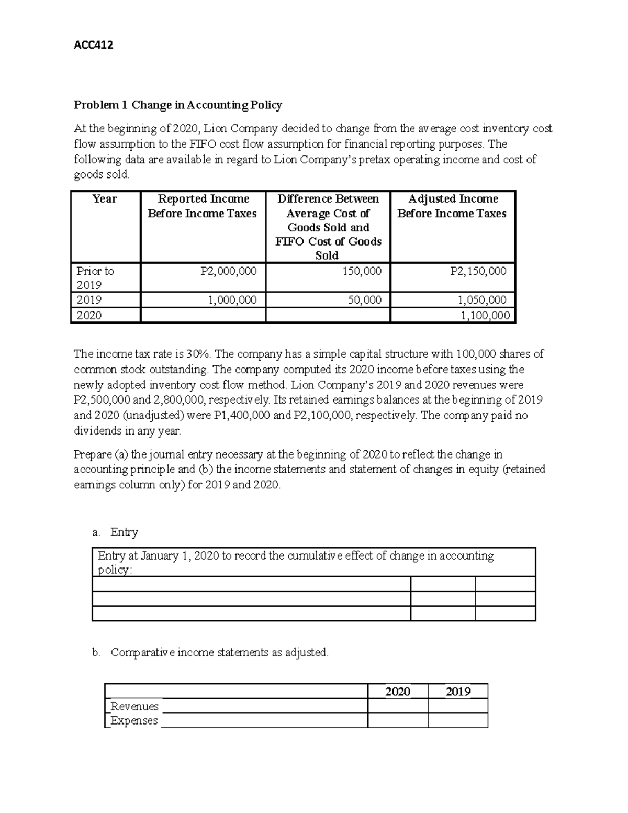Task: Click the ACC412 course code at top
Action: click(93, 45)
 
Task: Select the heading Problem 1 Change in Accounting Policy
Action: click(177, 105)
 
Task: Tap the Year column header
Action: click(105, 199)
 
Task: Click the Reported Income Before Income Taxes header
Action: click(203, 206)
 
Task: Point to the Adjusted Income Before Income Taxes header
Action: click(452, 206)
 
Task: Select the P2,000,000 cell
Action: click(229, 271)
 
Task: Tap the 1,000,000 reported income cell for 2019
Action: click(232, 300)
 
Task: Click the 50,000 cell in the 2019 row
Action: click(364, 300)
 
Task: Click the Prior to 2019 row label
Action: click(95, 278)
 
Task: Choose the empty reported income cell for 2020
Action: click(203, 315)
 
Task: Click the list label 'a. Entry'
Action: click(115, 532)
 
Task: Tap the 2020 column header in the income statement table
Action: click(397, 692)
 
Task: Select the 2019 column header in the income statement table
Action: click(458, 692)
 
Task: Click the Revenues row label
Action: click(134, 706)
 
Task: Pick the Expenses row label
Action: click(134, 721)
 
